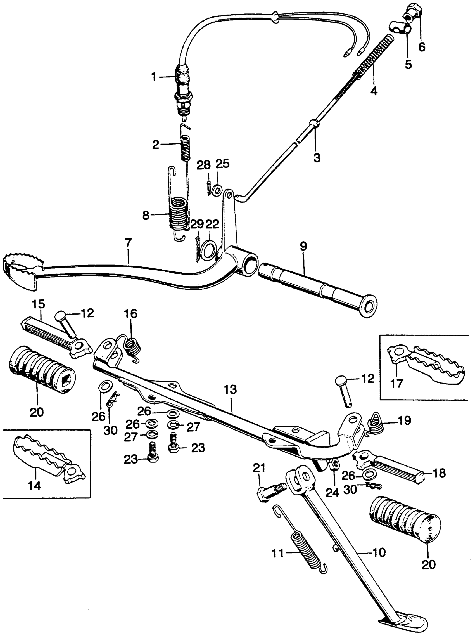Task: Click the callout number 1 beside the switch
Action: [x=154, y=77]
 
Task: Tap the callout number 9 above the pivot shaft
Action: [x=303, y=246]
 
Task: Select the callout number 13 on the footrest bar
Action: [x=231, y=390]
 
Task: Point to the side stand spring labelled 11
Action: [x=305, y=549]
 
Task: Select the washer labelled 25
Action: [x=217, y=190]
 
